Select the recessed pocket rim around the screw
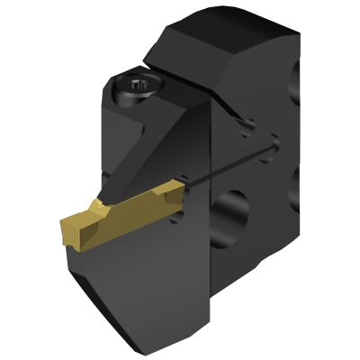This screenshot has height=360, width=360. pyautogui.click(x=121, y=94)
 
